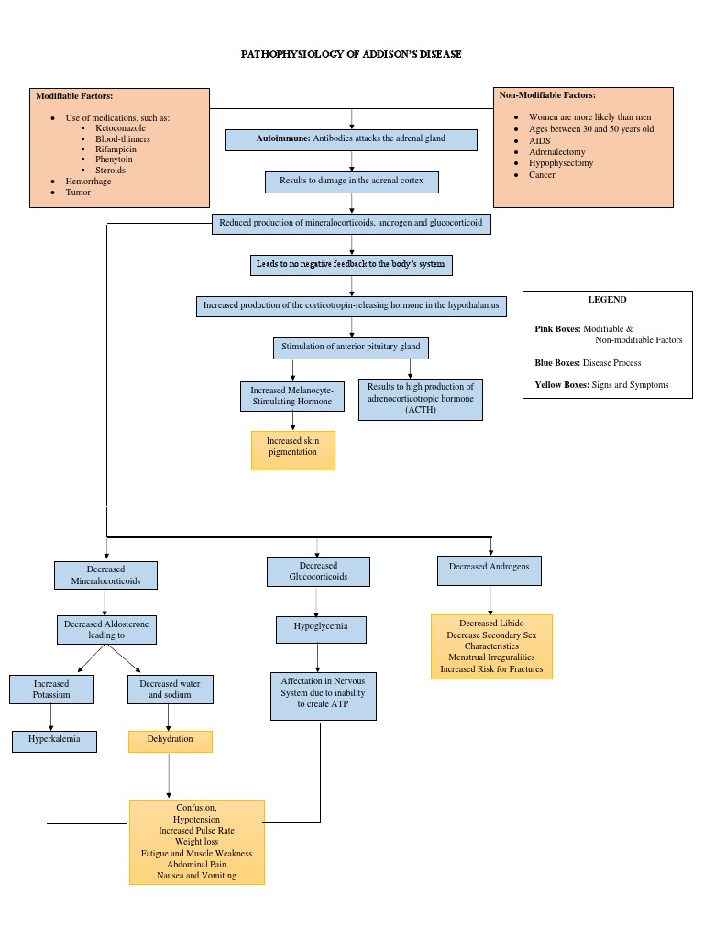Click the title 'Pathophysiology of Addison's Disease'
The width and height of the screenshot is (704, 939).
coord(351,54)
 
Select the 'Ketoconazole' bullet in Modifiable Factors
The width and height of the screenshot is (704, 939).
coord(120,128)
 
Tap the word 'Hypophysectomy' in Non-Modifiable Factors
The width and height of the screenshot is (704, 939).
coord(561,163)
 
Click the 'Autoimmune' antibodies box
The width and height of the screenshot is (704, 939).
coord(352,139)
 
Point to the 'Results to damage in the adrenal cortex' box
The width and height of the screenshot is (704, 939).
coord(352,182)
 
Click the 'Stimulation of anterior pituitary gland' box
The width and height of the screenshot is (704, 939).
coord(351,348)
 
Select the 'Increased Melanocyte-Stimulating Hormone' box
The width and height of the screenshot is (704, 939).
coord(292,396)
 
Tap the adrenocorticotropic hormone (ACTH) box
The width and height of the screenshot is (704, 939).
coord(420,399)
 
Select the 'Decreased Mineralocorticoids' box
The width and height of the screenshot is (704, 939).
coord(105,575)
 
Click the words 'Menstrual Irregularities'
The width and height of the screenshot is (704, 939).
coord(491,657)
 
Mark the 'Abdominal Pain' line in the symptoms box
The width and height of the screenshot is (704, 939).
coord(196,864)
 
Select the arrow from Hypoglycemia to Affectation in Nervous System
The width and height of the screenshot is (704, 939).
coord(318,657)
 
